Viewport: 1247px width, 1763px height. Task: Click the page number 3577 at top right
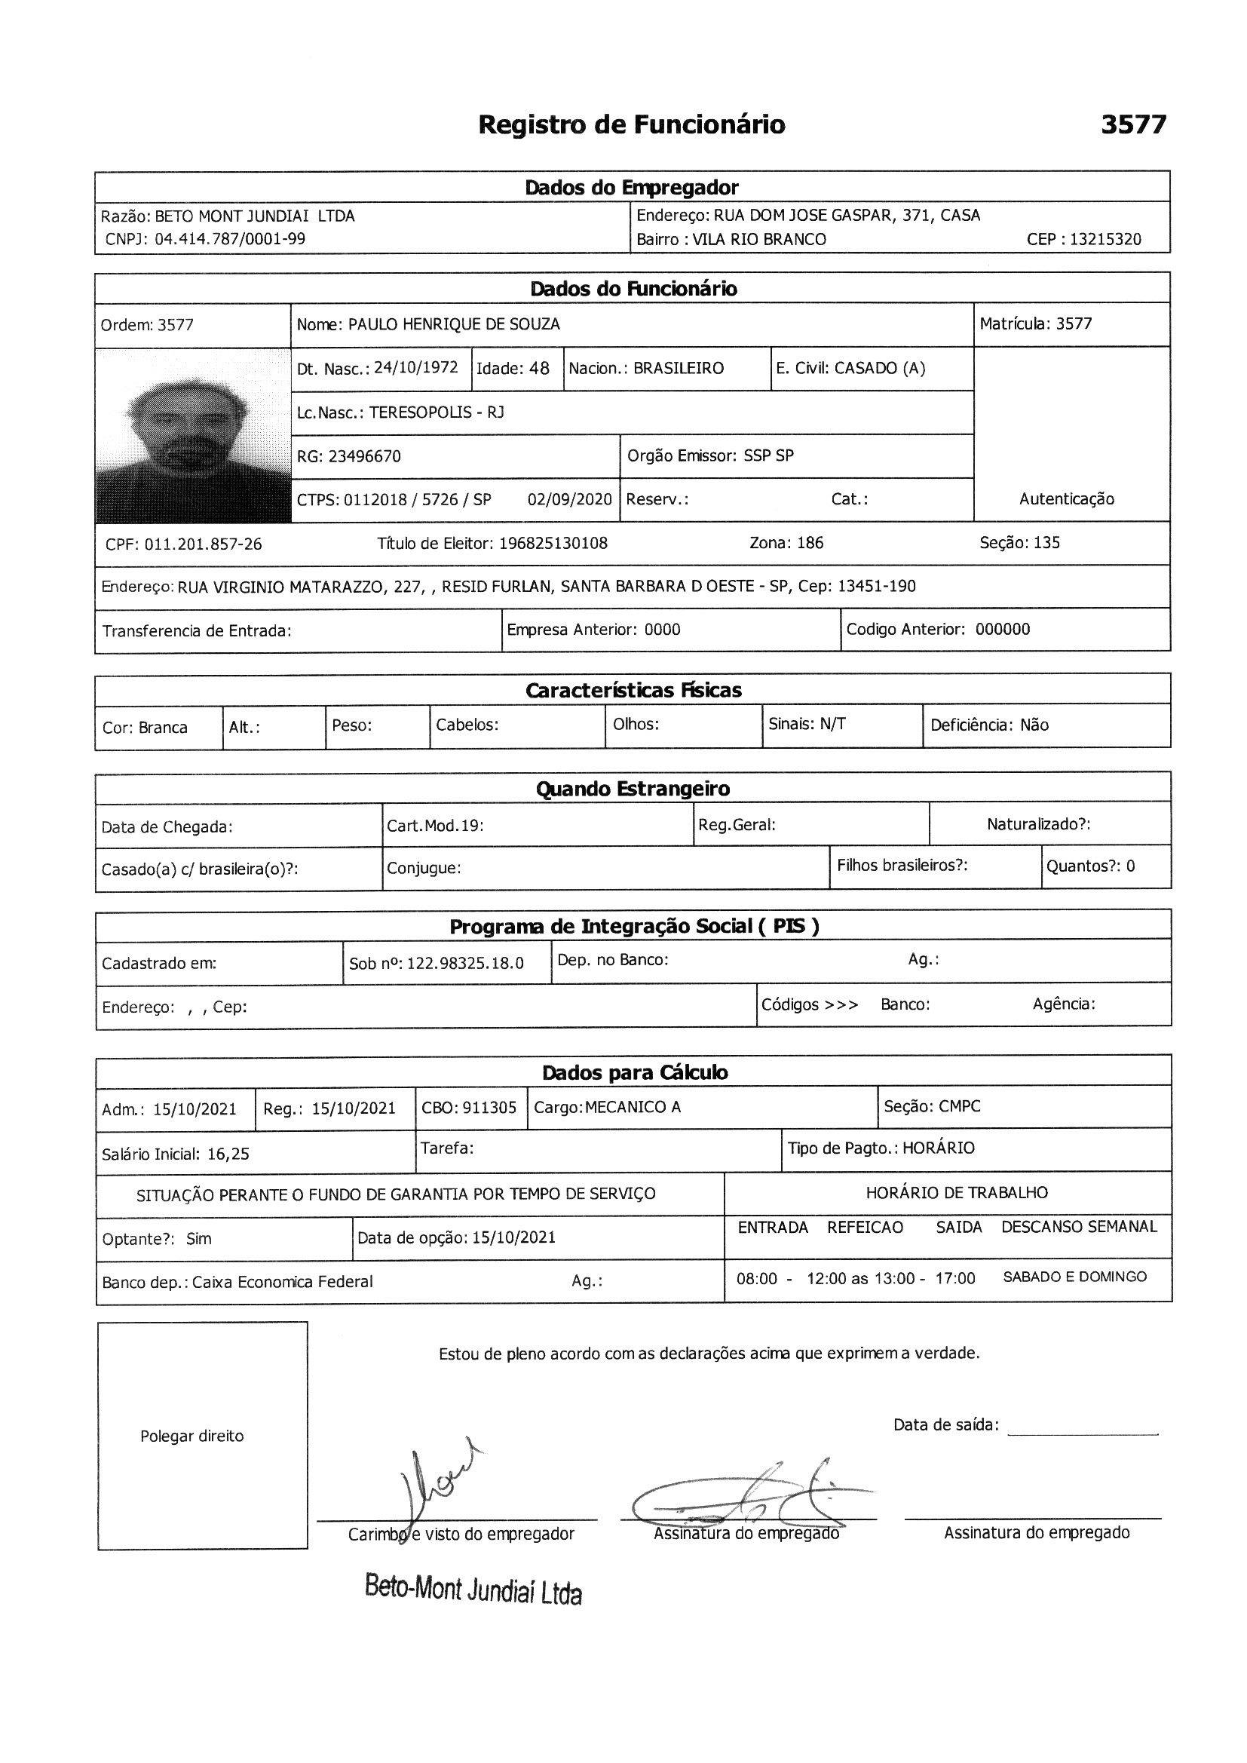1132,124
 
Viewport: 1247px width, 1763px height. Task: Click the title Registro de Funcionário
631,124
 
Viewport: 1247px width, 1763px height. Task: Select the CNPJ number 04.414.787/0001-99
230,239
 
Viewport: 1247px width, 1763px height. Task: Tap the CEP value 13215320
1105,239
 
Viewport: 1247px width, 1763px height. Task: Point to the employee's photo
193,435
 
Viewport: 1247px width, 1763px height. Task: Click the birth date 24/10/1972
415,367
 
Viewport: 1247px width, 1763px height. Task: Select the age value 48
539,368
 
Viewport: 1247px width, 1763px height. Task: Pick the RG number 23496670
364,456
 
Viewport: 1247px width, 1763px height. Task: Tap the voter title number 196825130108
553,543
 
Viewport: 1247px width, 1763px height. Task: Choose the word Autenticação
1066,498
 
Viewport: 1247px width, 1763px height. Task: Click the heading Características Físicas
633,689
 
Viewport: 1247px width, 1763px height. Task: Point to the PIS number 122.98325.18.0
464,963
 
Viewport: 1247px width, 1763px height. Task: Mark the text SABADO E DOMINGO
1074,1276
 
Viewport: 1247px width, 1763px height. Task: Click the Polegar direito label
192,1436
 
